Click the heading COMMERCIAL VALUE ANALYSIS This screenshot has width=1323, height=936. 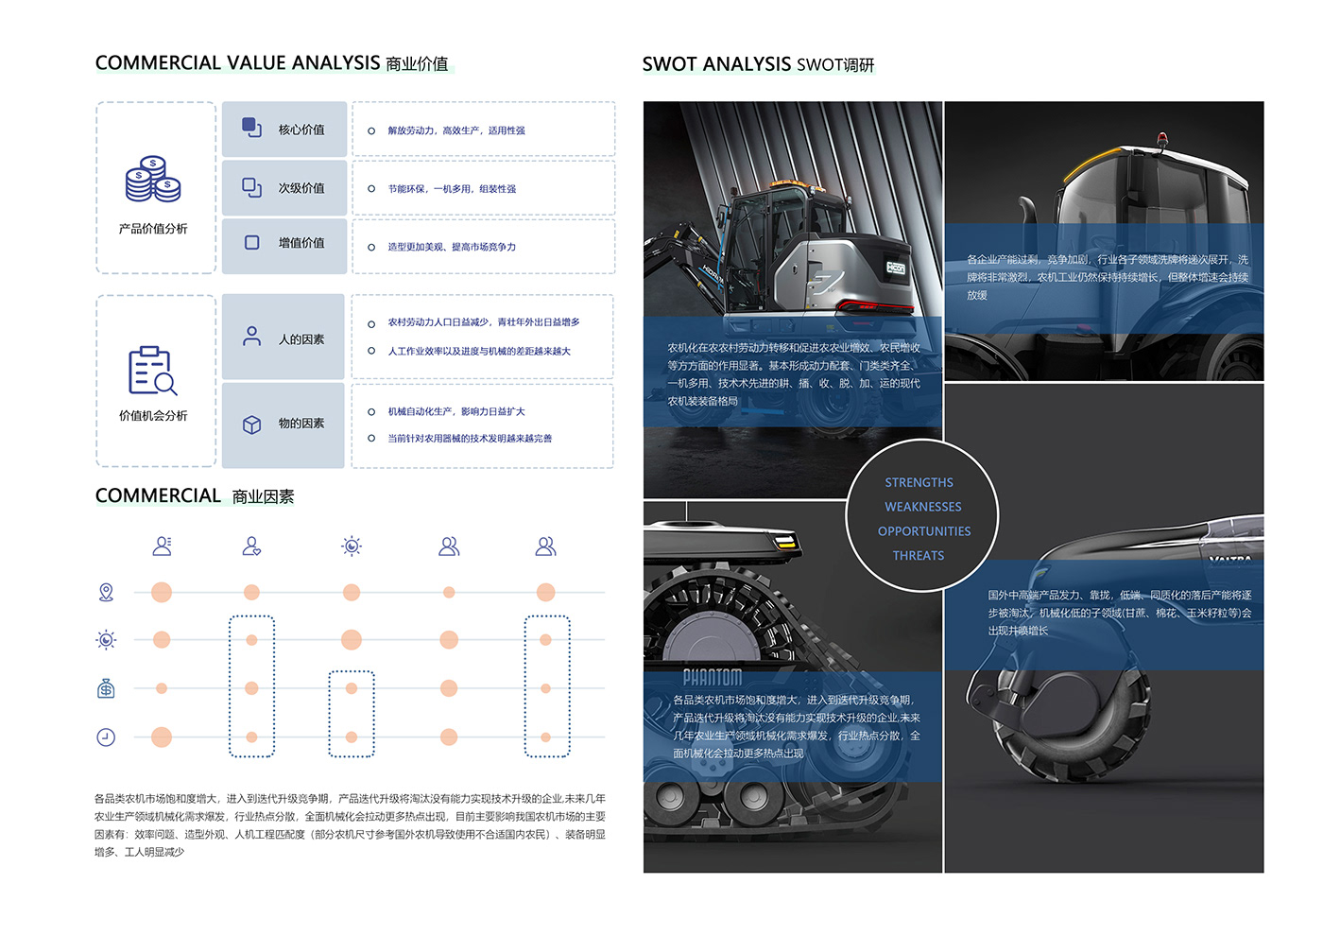(237, 63)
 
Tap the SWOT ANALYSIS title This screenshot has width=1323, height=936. (716, 64)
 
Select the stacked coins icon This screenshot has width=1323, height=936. (153, 180)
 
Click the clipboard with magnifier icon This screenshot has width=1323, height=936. (152, 370)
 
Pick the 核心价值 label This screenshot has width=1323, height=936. (301, 130)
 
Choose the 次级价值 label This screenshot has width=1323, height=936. (301, 188)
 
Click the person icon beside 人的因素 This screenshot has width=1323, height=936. (251, 337)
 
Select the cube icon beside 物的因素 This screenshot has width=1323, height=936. (251, 425)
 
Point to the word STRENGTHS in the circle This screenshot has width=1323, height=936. (919, 482)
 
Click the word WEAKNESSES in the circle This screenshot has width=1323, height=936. (922, 507)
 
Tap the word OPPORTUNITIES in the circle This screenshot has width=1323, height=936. (923, 531)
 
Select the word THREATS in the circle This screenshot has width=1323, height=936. (919, 556)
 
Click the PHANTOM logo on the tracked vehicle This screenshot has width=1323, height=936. (713, 677)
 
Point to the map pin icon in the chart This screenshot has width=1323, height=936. (106, 593)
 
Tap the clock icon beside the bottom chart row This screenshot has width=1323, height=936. (106, 737)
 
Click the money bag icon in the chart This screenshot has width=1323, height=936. (106, 688)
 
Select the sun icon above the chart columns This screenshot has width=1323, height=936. (352, 546)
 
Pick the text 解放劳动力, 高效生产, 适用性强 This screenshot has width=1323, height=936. (456, 130)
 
